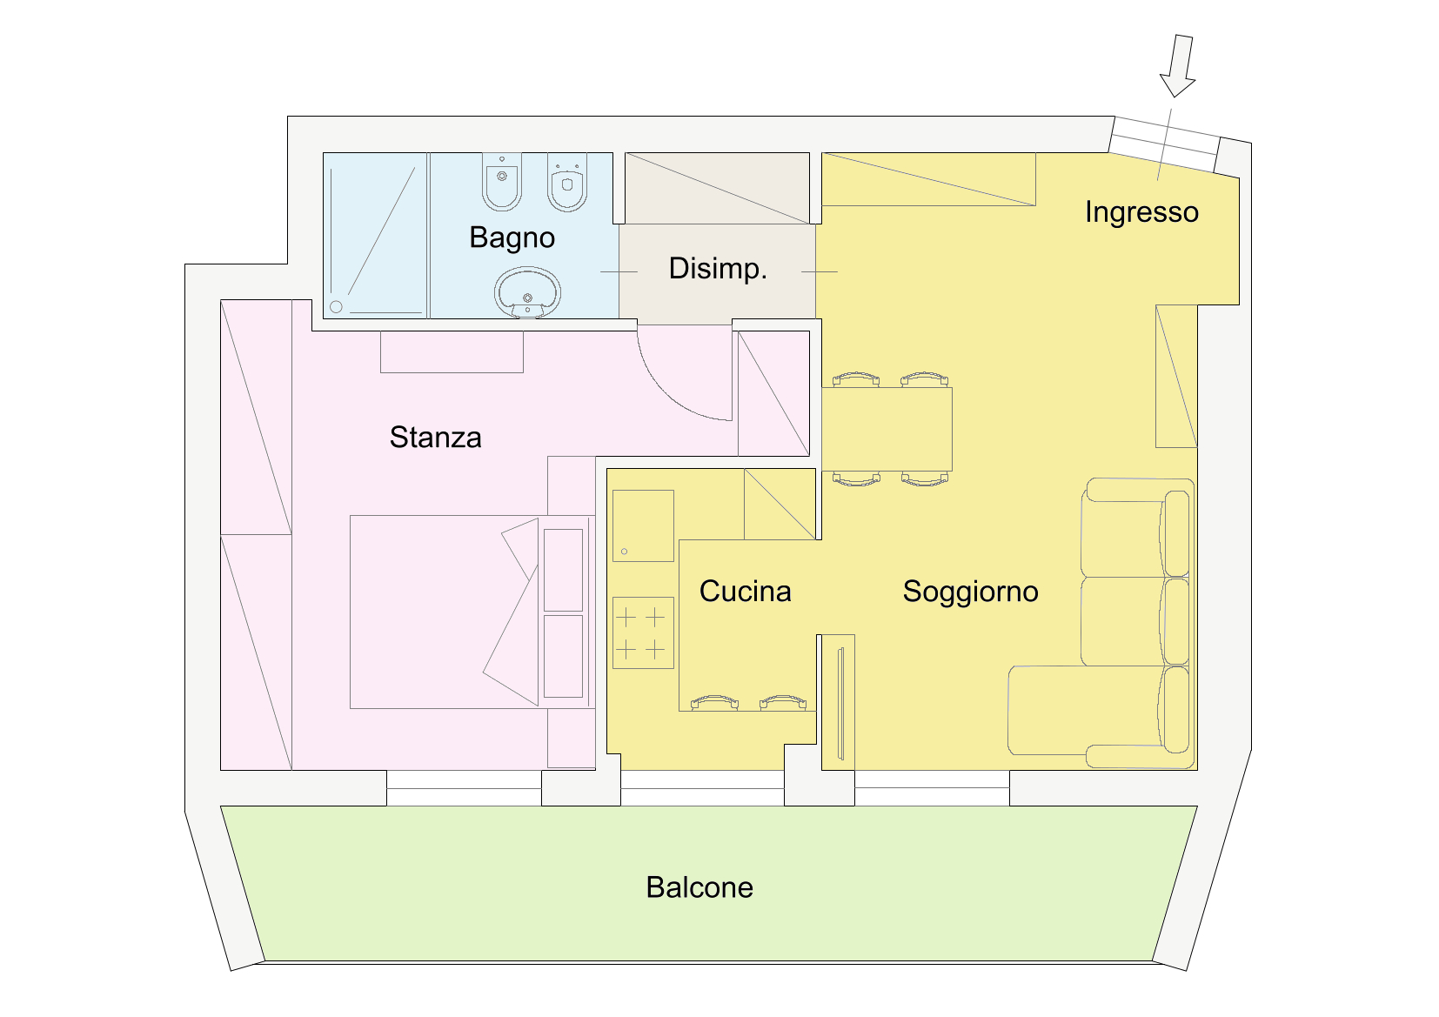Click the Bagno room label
(512, 238)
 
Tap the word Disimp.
(718, 269)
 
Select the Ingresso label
(1141, 212)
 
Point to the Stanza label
(436, 438)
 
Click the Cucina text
(746, 591)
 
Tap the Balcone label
(699, 887)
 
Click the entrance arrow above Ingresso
(1178, 66)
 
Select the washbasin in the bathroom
(527, 293)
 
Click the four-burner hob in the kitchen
(643, 632)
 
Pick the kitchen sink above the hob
(643, 525)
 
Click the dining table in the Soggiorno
(887, 429)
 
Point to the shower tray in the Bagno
(375, 235)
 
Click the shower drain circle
(336, 307)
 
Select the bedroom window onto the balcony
(464, 788)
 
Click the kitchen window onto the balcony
(702, 788)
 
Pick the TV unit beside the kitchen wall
(839, 702)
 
